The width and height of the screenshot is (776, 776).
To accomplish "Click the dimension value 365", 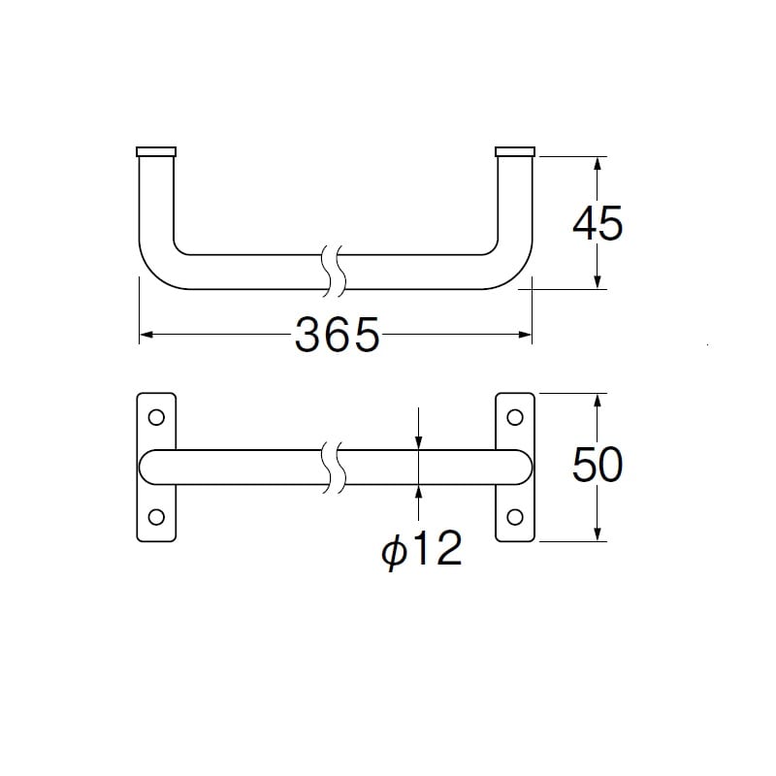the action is coord(337,335).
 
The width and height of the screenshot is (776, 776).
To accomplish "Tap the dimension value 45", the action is coord(598,223).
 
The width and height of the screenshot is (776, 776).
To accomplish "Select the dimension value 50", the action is coord(598,465).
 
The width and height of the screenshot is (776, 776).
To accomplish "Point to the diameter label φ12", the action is coord(422,549).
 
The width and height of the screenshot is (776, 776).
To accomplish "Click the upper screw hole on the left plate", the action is coord(156,417).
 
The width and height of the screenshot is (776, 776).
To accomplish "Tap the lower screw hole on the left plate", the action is coord(156,517).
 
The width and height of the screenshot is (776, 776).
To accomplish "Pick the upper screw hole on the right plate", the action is coord(515,417).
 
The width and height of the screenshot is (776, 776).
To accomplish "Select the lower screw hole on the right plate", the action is coord(515,517).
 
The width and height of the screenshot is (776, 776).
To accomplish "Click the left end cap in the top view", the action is coord(156,151).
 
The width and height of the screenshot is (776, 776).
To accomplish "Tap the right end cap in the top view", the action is coord(515,151).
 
